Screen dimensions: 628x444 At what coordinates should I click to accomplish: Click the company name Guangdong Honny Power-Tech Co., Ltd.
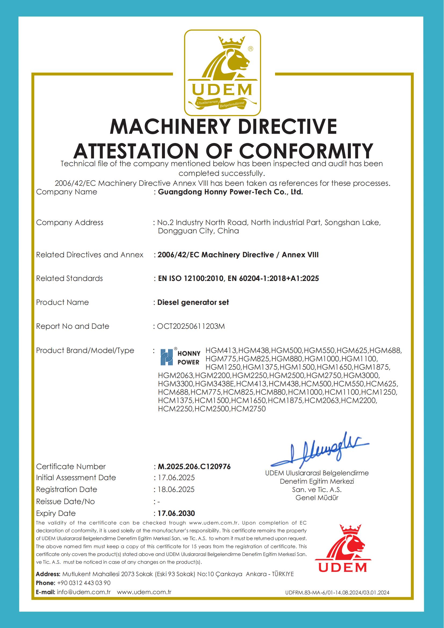[230, 192]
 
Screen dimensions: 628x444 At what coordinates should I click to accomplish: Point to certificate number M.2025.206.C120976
[194, 466]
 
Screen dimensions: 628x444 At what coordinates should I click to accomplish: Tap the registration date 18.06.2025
[176, 489]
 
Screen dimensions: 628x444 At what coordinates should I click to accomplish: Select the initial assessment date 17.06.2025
[176, 477]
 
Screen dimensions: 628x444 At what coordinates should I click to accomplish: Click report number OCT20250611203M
[191, 326]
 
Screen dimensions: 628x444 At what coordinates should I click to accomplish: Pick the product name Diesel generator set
[193, 302]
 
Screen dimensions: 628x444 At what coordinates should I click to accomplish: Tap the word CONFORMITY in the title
[306, 151]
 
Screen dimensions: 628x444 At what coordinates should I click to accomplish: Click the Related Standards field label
[70, 278]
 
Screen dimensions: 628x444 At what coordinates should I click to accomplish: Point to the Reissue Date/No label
[65, 501]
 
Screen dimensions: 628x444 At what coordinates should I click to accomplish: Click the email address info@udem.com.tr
[84, 592]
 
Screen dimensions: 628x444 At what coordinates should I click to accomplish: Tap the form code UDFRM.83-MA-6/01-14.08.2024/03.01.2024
[337, 593]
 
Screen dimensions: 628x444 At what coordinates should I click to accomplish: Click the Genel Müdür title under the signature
[317, 497]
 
